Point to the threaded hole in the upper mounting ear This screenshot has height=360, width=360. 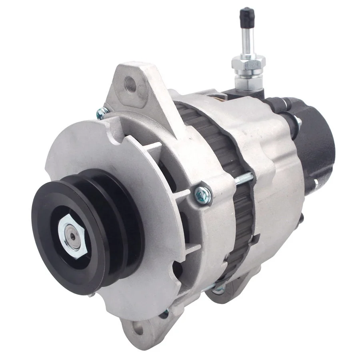(131, 86)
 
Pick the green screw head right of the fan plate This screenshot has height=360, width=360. (202, 195)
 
